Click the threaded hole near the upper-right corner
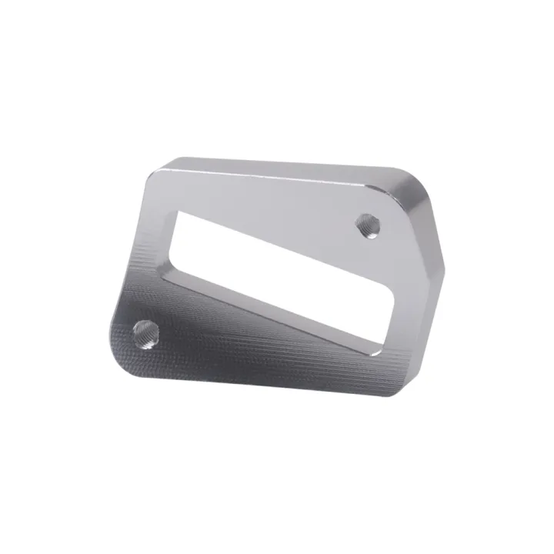pyautogui.click(x=366, y=226)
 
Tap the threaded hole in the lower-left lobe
pyautogui.click(x=145, y=333)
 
